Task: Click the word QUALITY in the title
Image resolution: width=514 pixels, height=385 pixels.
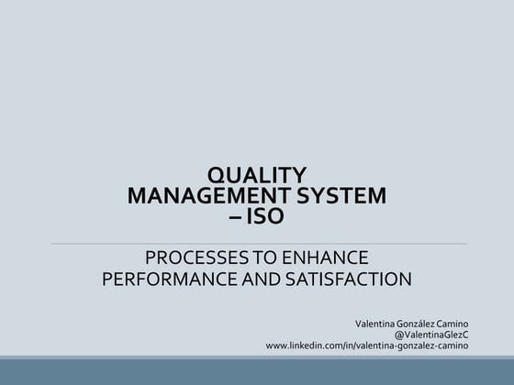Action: (x=257, y=175)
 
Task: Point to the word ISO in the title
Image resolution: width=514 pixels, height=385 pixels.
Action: (x=265, y=217)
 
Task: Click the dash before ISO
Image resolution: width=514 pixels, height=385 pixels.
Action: (x=236, y=217)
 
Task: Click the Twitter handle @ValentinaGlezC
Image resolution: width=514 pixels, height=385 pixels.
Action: (x=431, y=335)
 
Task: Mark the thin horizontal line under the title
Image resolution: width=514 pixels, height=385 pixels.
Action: (x=257, y=244)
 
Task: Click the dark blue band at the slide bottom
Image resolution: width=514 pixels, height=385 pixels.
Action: (x=257, y=372)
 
